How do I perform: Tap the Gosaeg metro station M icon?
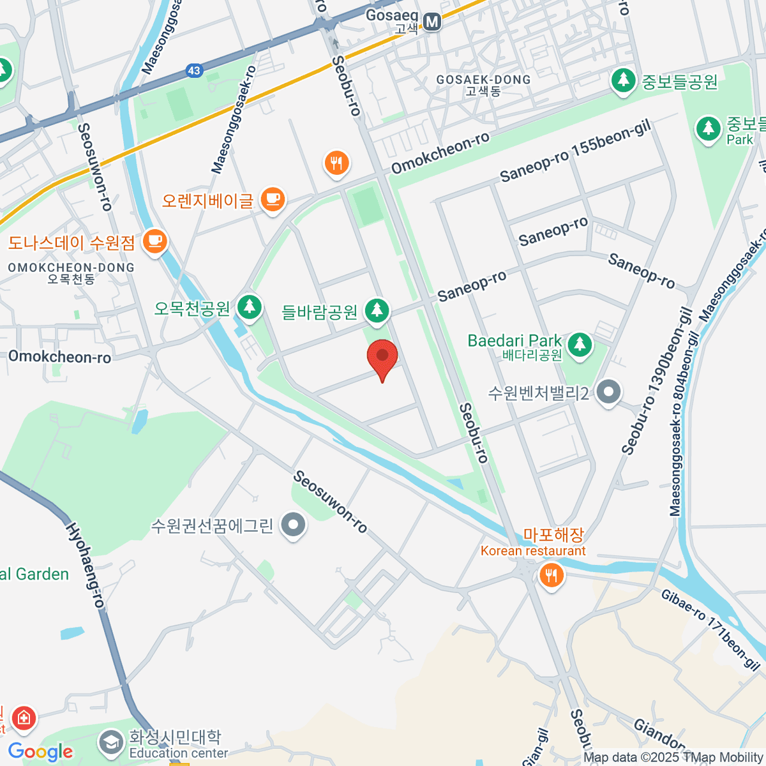click(432, 22)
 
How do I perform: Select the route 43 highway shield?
click(194, 71)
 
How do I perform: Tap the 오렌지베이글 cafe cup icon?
click(273, 199)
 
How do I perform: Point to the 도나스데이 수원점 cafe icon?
click(154, 241)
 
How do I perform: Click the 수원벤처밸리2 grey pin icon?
click(608, 391)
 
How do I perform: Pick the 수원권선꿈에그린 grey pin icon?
click(294, 525)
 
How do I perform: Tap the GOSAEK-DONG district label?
click(483, 80)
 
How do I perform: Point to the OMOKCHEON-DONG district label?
click(71, 267)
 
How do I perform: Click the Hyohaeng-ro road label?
click(85, 566)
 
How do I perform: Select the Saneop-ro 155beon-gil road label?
click(575, 152)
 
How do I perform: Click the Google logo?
click(40, 752)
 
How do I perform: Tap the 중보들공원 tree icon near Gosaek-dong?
click(623, 80)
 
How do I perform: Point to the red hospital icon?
click(24, 717)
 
